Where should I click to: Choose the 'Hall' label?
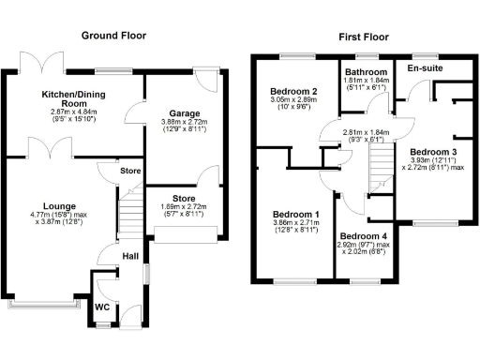pyautogui.click(x=131, y=256)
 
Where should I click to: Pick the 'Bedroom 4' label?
pyautogui.click(x=363, y=235)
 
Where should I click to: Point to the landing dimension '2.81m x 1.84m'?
pyautogui.click(x=363, y=133)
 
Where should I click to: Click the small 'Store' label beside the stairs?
pyautogui.click(x=130, y=171)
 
